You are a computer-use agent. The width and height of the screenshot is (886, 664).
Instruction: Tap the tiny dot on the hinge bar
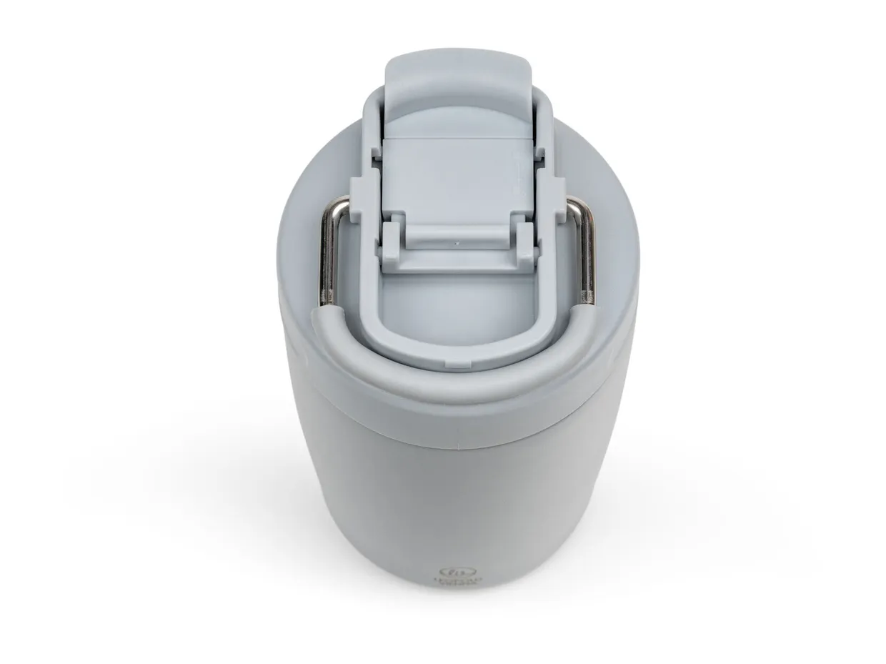tap(457, 243)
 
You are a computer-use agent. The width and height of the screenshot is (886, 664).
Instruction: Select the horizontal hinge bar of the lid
tap(457, 236)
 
